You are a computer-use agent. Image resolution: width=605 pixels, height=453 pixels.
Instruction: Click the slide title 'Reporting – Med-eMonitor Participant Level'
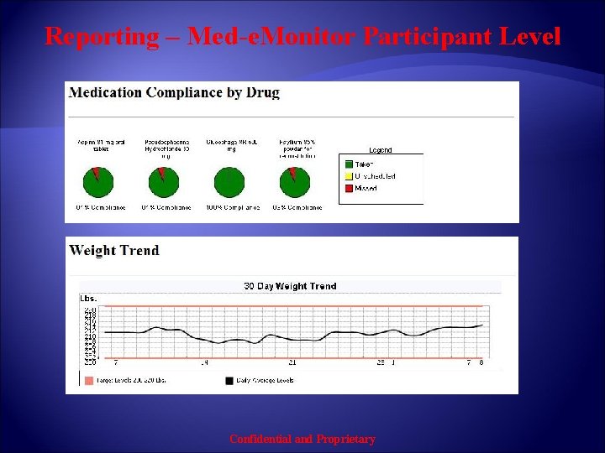click(x=302, y=37)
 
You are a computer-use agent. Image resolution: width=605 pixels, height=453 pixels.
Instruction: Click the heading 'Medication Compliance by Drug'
click(x=174, y=92)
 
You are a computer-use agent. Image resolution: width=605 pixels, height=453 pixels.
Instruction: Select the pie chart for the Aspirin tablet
click(x=97, y=180)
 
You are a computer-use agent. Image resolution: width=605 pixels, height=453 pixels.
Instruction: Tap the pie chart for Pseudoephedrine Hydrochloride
click(x=161, y=180)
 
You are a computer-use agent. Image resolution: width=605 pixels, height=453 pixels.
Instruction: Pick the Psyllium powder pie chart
click(x=294, y=180)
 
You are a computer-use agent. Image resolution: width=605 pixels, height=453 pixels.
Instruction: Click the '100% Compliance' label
click(x=231, y=208)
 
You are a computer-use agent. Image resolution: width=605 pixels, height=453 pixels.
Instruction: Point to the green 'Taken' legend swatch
click(x=348, y=164)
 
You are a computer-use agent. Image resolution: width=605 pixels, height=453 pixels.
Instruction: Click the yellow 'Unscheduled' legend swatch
click(x=348, y=176)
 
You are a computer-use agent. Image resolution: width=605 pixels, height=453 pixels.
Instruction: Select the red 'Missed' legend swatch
click(x=348, y=188)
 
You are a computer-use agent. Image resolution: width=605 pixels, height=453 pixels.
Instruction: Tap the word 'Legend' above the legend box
click(x=380, y=150)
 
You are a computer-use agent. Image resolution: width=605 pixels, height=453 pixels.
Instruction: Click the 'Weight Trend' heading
click(x=114, y=250)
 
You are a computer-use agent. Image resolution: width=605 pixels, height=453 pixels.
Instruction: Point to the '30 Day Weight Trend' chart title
click(x=290, y=286)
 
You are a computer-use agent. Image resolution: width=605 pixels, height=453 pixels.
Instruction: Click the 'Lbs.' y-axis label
click(x=89, y=298)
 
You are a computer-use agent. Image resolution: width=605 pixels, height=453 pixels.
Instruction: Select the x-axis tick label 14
click(x=204, y=363)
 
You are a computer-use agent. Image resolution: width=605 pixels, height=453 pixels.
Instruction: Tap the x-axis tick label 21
click(x=292, y=363)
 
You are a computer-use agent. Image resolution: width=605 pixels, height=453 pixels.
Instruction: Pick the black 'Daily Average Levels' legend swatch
click(x=229, y=380)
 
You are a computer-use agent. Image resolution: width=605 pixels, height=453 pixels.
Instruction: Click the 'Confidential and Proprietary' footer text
click(x=302, y=439)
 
